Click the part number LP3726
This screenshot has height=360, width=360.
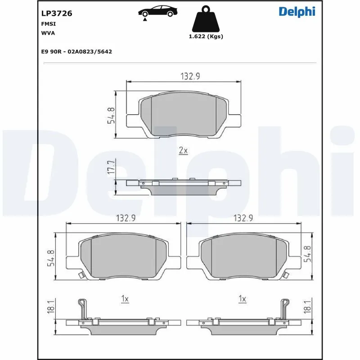coord(56,13)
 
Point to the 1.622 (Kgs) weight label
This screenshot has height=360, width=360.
coord(206,36)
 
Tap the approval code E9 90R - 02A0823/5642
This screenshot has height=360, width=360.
coord(76,52)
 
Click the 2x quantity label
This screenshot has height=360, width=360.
coord(183,151)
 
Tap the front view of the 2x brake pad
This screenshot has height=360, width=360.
coord(184,114)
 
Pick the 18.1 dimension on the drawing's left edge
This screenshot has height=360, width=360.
coord(51,306)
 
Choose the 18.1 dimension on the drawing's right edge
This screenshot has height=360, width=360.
coord(308,306)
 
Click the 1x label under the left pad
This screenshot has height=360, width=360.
coord(125,298)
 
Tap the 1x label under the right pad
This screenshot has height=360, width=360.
coord(242,298)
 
